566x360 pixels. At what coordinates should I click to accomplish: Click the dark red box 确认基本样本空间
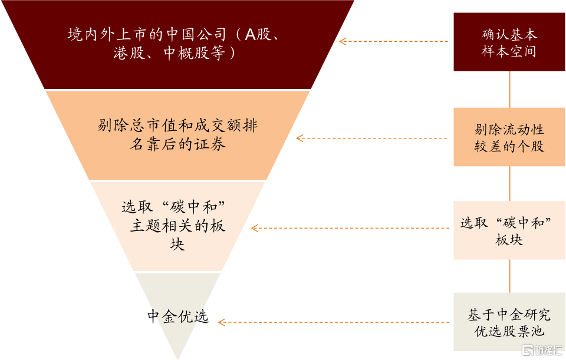pos(509,42)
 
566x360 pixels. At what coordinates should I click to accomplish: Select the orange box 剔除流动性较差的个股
pos(509,137)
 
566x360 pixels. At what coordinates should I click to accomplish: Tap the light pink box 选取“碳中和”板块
pos(509,230)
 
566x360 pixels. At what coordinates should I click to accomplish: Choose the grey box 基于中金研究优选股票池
pos(509,322)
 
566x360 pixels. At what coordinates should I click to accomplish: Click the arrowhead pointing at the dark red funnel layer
pos(343,41)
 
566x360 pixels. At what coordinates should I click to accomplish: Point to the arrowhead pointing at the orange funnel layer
pos(300,138)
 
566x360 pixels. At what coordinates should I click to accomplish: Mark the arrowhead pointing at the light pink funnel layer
pos(255,228)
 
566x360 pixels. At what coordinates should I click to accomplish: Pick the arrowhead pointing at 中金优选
pos(222,322)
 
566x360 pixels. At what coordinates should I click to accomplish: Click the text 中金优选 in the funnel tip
pos(178,317)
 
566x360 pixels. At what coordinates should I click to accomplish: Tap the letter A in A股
pos(250,35)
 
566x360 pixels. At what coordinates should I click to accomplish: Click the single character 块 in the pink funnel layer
pos(177,244)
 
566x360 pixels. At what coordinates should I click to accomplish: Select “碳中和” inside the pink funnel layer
pos(193,207)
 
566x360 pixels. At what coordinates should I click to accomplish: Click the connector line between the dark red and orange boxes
pos(509,90)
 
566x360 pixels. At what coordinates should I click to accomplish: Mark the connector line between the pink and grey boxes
pos(509,276)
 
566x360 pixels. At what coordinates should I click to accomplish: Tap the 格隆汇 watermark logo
pos(542,350)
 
